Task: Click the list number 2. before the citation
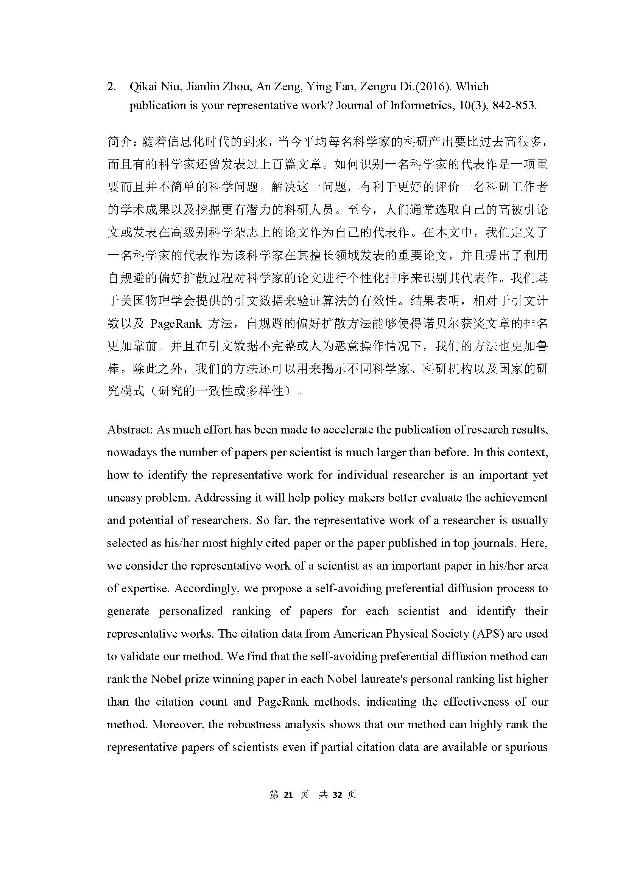tap(111, 87)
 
